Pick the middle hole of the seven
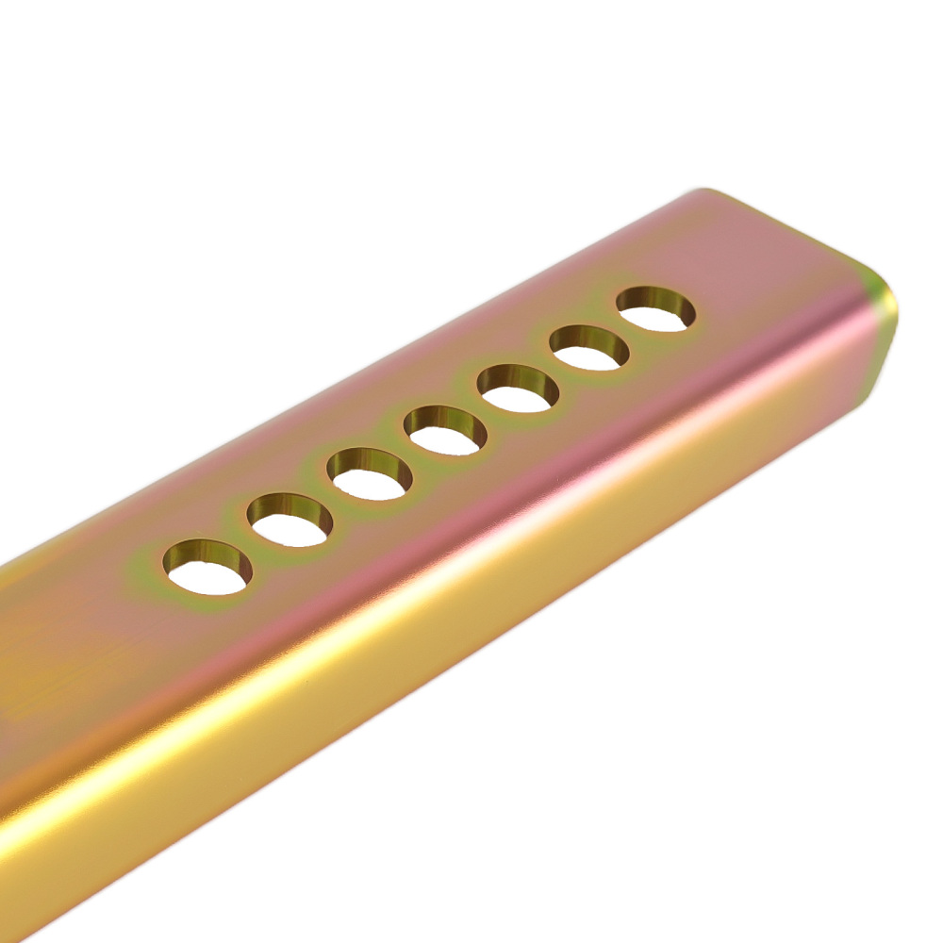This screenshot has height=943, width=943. point(445,432)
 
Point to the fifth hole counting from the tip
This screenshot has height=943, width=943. point(371,474)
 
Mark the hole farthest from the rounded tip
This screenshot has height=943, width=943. point(207,570)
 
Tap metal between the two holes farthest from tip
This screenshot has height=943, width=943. point(249,545)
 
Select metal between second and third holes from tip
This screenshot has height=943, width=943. point(554,369)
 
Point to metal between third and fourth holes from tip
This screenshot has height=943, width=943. point(481,410)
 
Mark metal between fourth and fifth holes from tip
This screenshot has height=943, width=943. point(407,453)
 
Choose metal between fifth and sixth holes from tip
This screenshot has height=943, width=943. point(330,498)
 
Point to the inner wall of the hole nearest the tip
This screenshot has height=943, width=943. point(654,299)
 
